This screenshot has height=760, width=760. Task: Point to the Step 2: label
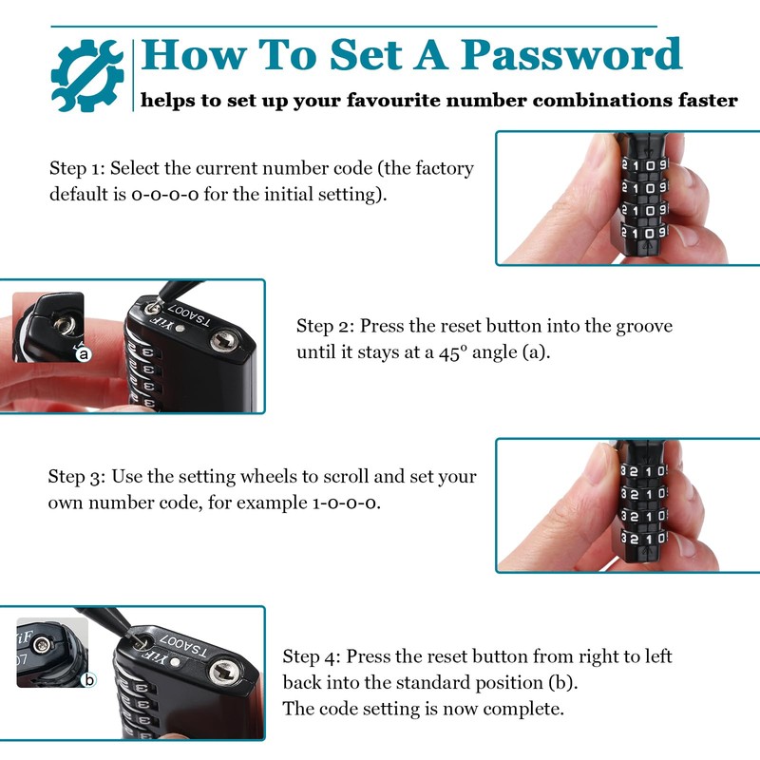click(326, 326)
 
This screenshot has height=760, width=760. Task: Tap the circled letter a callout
click(83, 353)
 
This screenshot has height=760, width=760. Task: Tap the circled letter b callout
click(88, 679)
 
